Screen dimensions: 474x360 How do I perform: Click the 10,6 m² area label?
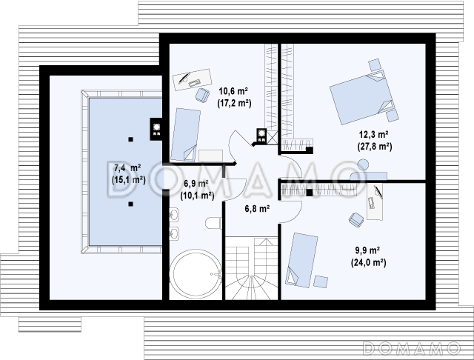[x=234, y=90]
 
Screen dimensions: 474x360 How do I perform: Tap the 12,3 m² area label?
[x=374, y=134]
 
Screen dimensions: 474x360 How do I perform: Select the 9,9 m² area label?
[x=367, y=250]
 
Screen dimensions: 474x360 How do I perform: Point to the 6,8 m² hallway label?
[x=257, y=208]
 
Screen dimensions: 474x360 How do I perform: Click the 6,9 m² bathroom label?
[x=196, y=183]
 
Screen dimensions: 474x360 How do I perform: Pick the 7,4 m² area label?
[x=127, y=167]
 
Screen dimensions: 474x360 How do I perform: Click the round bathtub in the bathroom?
[x=196, y=273]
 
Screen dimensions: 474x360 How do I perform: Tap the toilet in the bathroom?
[x=214, y=223]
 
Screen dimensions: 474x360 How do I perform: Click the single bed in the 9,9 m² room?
[x=302, y=260]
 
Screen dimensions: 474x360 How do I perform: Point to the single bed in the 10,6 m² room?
[x=185, y=135]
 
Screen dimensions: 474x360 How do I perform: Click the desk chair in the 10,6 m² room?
[x=202, y=96]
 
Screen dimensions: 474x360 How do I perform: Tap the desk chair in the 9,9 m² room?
[x=356, y=219]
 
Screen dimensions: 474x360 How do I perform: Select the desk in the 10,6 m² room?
[x=193, y=79]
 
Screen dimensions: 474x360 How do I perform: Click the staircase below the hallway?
[x=251, y=268]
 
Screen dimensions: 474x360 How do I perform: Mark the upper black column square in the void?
[x=130, y=139]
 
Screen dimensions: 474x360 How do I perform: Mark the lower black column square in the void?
[x=130, y=204]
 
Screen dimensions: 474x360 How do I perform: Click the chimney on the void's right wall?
[x=156, y=129]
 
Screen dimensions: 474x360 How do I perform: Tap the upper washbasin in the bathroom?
[x=173, y=215]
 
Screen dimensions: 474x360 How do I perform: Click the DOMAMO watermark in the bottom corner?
[x=412, y=348]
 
